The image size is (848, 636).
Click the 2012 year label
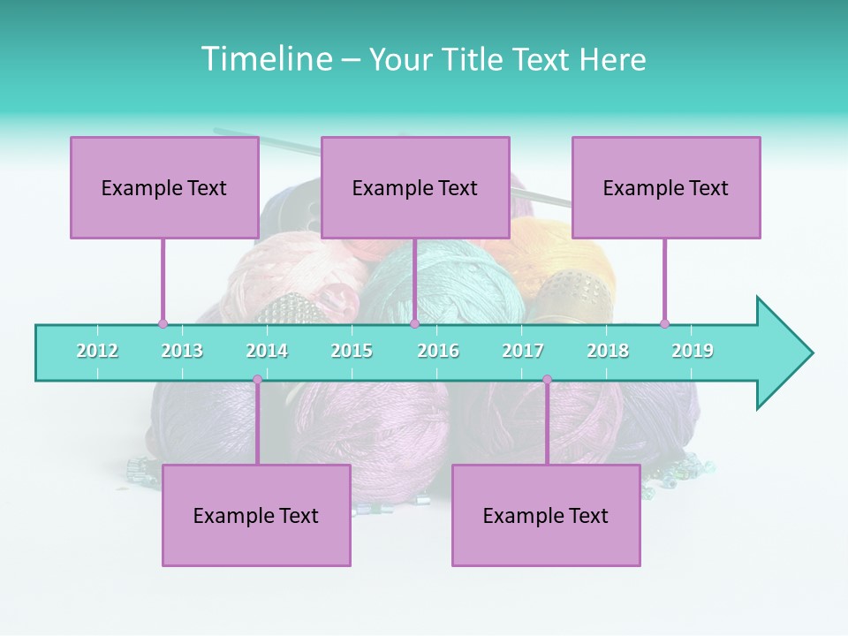point(97,351)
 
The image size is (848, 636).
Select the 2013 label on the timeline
point(182,351)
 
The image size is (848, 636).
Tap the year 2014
point(267,351)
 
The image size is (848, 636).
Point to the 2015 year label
point(352,351)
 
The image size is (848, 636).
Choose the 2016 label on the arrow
point(438,351)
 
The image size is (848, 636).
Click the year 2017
point(523,351)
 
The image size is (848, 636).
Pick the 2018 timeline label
point(608,351)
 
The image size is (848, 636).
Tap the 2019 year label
point(693,351)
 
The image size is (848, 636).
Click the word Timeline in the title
point(265,59)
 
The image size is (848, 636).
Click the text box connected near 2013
point(164,187)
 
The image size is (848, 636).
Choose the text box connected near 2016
point(415,187)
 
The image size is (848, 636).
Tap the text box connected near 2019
point(666,187)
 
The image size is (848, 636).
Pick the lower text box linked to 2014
point(256,516)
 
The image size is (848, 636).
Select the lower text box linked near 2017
point(546,516)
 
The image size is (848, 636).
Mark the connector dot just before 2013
point(163,323)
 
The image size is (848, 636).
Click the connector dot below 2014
point(257,380)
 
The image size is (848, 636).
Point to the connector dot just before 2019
point(664,323)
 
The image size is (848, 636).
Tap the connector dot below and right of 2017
point(547,380)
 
